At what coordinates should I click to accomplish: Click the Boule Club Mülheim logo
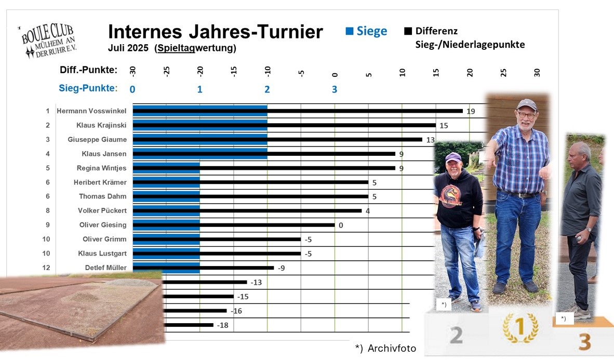tap(47, 41)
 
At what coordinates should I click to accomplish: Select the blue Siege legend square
tap(350, 31)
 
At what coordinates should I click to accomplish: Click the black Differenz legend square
tap(408, 31)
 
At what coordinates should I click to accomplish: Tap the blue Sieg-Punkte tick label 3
tap(335, 89)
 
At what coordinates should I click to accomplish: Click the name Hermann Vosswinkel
tap(91, 111)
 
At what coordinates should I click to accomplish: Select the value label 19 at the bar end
tap(471, 111)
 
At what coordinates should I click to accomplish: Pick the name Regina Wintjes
tap(101, 168)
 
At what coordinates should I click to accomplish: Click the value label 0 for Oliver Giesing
tap(341, 225)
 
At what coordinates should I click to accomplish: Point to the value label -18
tap(222, 325)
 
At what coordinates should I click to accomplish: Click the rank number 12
tap(47, 268)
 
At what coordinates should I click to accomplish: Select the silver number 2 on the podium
tap(456, 335)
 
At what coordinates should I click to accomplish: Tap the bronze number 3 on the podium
tap(584, 341)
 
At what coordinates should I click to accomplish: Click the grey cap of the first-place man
tap(526, 104)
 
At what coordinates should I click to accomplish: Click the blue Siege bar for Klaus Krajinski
tap(200, 125)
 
